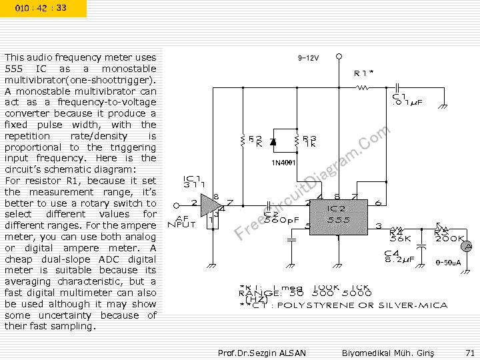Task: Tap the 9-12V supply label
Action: tap(308, 58)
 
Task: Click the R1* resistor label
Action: tap(363, 73)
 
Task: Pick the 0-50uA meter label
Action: tap(447, 263)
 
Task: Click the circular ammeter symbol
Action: tap(469, 246)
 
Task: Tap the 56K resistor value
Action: tap(400, 238)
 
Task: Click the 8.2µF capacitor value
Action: tap(400, 259)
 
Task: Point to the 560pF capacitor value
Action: tap(279, 219)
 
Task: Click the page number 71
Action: tap(469, 352)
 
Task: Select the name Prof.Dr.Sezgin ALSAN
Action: tap(261, 352)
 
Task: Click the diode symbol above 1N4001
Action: tap(273, 141)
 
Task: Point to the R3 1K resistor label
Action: tap(309, 141)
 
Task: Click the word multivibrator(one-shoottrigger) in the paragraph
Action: tap(80, 80)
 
